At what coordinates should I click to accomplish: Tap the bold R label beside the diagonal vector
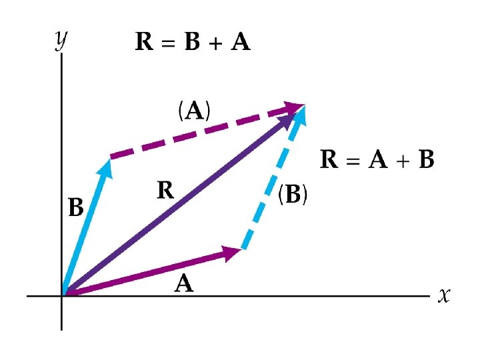pos(166,191)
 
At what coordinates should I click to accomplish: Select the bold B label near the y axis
pos(76,208)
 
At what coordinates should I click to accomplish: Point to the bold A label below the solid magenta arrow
pos(184,285)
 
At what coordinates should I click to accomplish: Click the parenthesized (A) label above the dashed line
pos(194,111)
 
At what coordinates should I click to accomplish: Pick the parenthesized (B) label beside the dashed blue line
pos(293,195)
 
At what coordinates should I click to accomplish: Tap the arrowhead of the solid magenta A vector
pos(233,252)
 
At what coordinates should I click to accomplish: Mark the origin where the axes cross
pos(62,295)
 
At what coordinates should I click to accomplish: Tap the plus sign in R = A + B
pos(403,161)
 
